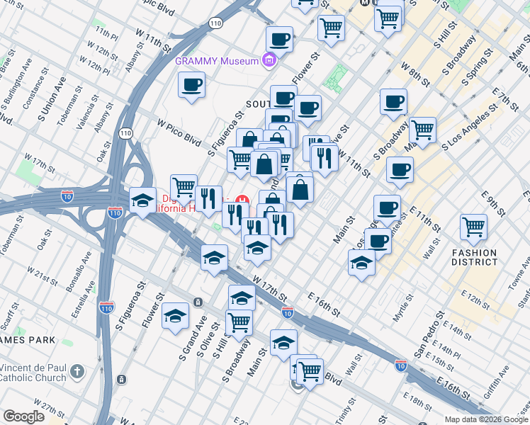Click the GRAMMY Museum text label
pos(217,61)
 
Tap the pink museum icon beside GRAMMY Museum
pos(268,61)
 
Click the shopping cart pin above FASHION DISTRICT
pos(473,227)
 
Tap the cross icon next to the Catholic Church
pos(78,371)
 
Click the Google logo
pos(23,416)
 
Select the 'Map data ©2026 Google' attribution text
pos(485,419)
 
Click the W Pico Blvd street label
pos(178,127)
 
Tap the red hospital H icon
pos(242,200)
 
